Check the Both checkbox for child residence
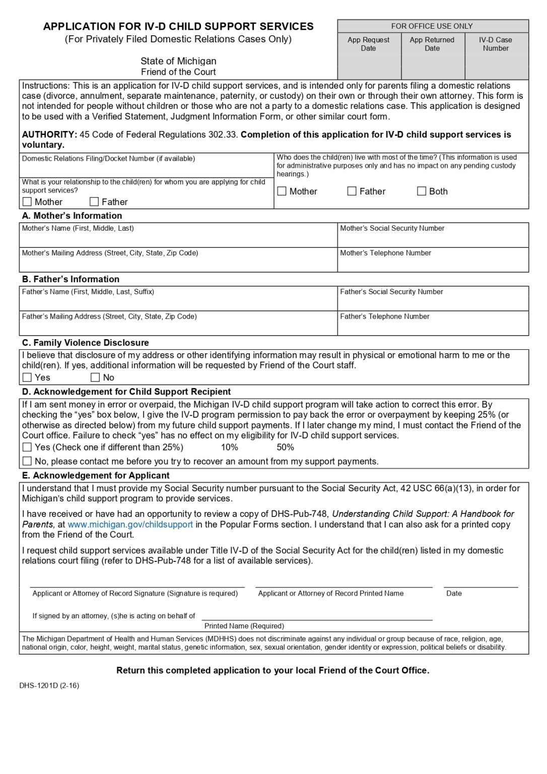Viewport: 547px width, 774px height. pos(422,191)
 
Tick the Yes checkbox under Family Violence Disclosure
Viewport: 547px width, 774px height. pos(27,377)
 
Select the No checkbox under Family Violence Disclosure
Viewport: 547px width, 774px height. pos(95,377)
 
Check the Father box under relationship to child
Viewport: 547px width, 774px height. pos(94,202)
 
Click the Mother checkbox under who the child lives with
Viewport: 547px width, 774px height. pos(282,191)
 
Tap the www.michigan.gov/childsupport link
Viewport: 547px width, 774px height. pos(130,524)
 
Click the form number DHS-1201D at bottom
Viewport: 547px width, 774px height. pos(49,685)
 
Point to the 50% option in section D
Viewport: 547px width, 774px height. pos(285,447)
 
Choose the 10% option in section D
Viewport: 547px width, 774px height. pos(229,447)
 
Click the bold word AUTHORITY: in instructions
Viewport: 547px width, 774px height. pos(49,135)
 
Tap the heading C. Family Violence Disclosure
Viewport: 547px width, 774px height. pos(85,343)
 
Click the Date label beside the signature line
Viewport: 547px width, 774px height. pos(453,593)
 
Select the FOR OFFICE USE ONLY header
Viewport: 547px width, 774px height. pos(432,26)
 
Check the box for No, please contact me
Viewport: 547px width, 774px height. pos(27,461)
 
